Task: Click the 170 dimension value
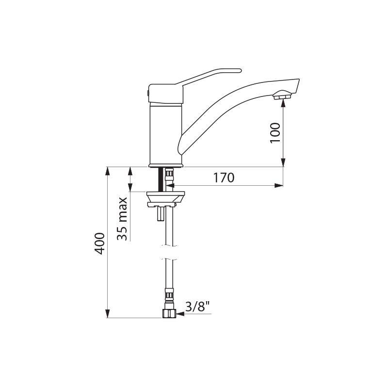click(224, 178)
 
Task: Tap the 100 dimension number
click(275, 133)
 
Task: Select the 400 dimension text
click(100, 243)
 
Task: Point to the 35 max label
click(122, 218)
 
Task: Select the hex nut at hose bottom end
click(168, 314)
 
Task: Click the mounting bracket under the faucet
click(165, 197)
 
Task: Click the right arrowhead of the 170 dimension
click(279, 185)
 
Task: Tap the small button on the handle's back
click(147, 92)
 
